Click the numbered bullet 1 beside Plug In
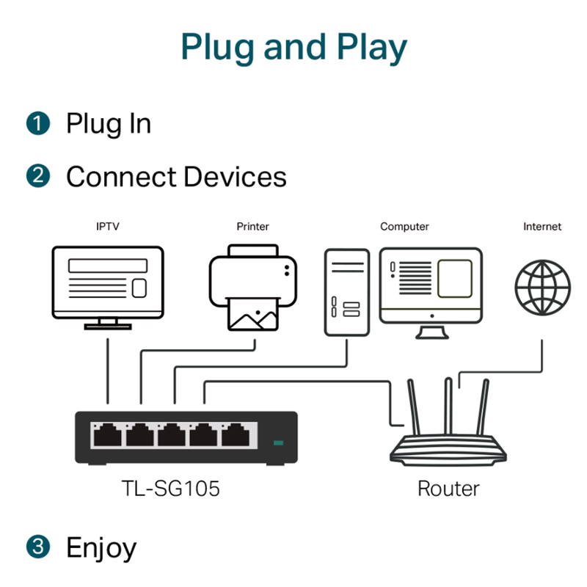click(x=38, y=123)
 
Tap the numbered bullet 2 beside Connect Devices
click(x=38, y=176)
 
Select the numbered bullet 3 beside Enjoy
click(x=38, y=547)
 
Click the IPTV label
click(x=108, y=227)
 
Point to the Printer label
click(x=252, y=227)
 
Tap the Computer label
click(x=404, y=227)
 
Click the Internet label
click(x=542, y=227)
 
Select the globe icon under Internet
click(x=542, y=288)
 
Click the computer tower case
click(x=347, y=292)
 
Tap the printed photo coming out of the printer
click(x=253, y=314)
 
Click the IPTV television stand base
click(x=108, y=327)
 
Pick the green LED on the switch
click(x=279, y=443)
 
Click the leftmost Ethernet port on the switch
click(x=107, y=435)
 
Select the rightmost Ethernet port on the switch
click(x=236, y=435)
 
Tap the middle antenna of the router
click(x=448, y=406)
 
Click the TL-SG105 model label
click(x=171, y=489)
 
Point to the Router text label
click(x=448, y=489)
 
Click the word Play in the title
click(x=372, y=48)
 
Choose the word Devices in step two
click(x=235, y=177)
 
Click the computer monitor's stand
click(x=432, y=332)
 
